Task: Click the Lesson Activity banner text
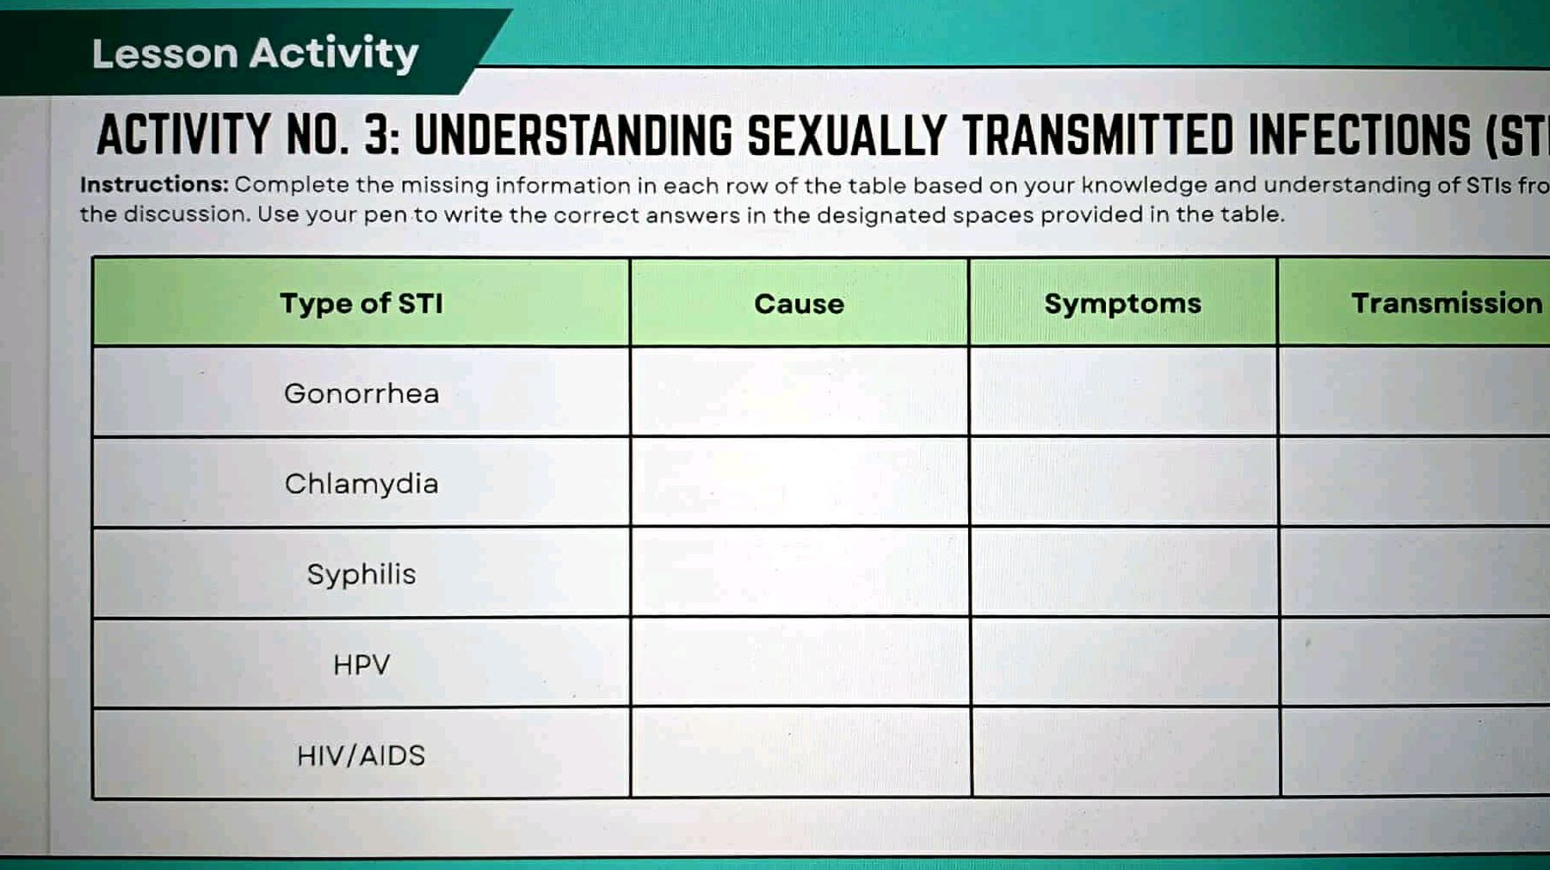pyautogui.click(x=255, y=53)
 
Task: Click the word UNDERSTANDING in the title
pyautogui.click(x=572, y=136)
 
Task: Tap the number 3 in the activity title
pyautogui.click(x=377, y=136)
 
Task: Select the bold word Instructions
pyautogui.click(x=153, y=185)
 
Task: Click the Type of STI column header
pyautogui.click(x=361, y=303)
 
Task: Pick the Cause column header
pyautogui.click(x=799, y=304)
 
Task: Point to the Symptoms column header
pyautogui.click(x=1122, y=303)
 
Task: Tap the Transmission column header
pyautogui.click(x=1446, y=303)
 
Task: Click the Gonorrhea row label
pyautogui.click(x=361, y=393)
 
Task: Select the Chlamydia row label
pyautogui.click(x=361, y=484)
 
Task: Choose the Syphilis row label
pyautogui.click(x=361, y=574)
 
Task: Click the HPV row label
pyautogui.click(x=361, y=664)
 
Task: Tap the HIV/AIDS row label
pyautogui.click(x=361, y=756)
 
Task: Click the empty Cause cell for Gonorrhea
pyautogui.click(x=799, y=392)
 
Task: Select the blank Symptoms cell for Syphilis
pyautogui.click(x=1123, y=572)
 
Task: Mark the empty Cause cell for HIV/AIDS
pyautogui.click(x=800, y=753)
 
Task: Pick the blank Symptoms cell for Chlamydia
pyautogui.click(x=1123, y=482)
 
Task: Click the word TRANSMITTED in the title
pyautogui.click(x=1097, y=136)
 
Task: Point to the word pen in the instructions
pyautogui.click(x=386, y=215)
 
